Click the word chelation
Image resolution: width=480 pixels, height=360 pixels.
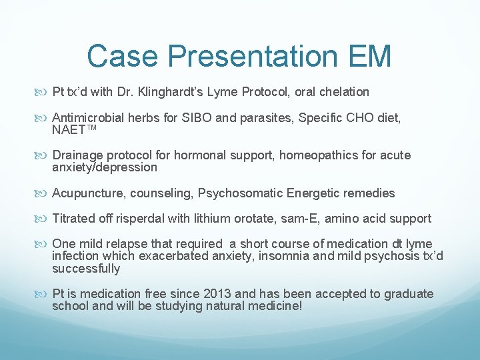pos(345,91)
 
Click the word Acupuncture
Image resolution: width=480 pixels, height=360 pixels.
pos(83,193)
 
